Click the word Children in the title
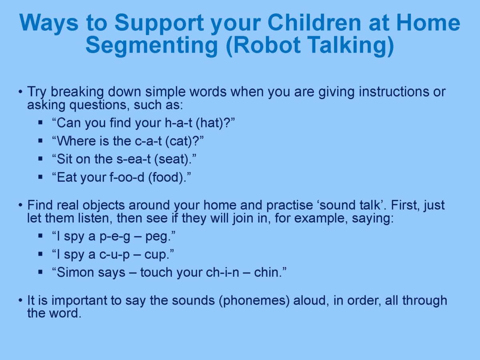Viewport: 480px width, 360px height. [x=314, y=23]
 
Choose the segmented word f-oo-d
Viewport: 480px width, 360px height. [x=127, y=177]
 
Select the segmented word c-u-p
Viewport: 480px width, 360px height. [x=114, y=255]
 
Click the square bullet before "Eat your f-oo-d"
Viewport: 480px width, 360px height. [x=40, y=177]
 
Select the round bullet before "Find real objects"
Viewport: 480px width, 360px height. [x=20, y=206]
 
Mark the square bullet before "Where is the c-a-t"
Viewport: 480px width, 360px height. [x=40, y=140]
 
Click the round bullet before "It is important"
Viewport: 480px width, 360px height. [x=20, y=300]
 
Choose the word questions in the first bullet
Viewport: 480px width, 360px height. [x=98, y=105]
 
